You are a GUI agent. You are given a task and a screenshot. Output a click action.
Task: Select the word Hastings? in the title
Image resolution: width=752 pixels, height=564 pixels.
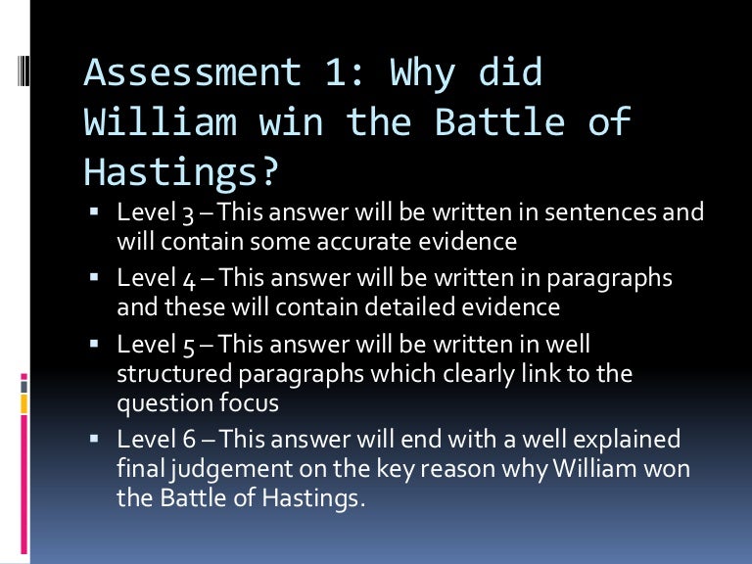[181, 170]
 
